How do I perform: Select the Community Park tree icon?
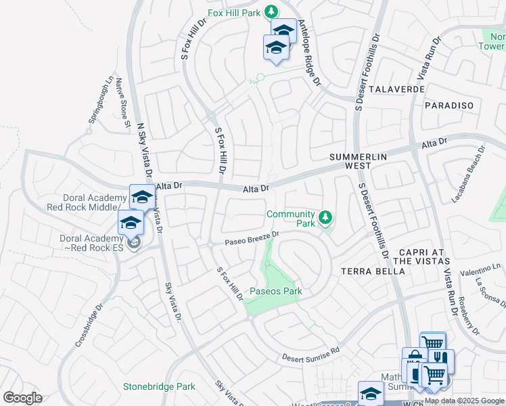click(x=326, y=217)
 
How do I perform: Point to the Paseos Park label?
click(x=275, y=291)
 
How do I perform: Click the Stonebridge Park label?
click(x=159, y=387)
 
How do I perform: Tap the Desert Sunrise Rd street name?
click(x=310, y=354)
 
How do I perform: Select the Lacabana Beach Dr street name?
click(x=469, y=175)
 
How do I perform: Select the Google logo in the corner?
click(x=22, y=397)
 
